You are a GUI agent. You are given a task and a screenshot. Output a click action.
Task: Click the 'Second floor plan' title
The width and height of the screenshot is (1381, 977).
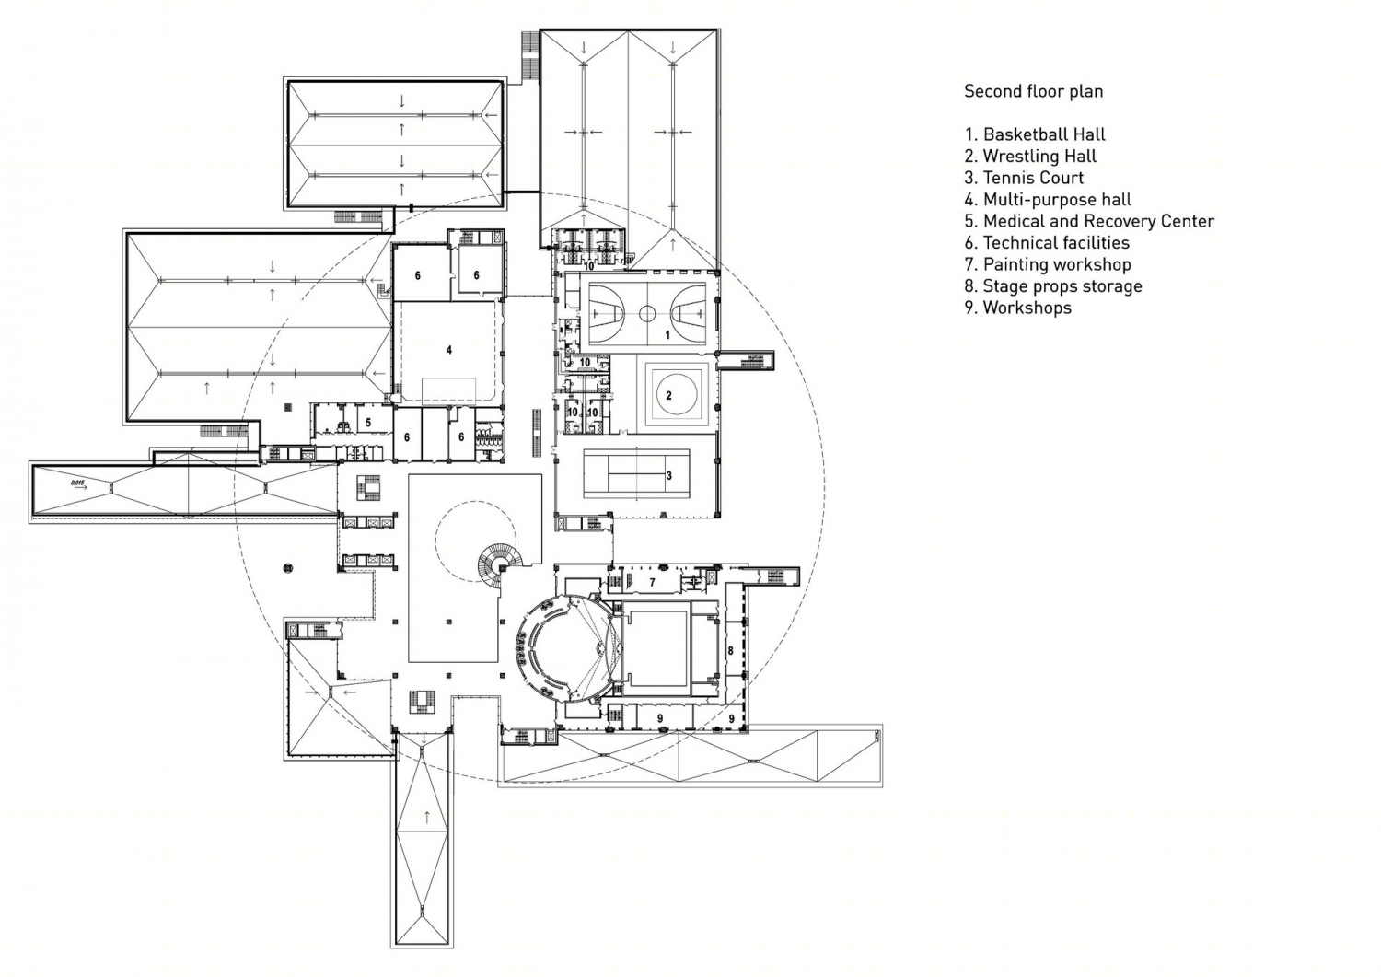click(x=1033, y=91)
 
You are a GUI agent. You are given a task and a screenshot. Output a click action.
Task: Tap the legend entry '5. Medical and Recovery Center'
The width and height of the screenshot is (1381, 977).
click(x=1089, y=221)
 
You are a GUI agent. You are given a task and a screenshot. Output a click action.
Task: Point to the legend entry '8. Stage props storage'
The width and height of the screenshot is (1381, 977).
click(x=1053, y=286)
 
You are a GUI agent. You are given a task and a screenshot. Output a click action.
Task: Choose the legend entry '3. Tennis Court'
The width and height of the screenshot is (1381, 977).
click(x=1024, y=178)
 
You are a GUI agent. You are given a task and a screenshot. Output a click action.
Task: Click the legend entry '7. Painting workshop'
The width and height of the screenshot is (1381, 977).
click(x=1048, y=264)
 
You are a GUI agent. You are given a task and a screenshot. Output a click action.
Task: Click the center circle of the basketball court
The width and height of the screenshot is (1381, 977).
click(x=646, y=313)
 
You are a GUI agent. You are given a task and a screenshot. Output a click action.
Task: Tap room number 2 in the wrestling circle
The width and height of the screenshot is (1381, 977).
click(x=668, y=395)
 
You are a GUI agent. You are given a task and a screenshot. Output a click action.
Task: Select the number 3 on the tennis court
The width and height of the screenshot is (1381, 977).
click(x=669, y=475)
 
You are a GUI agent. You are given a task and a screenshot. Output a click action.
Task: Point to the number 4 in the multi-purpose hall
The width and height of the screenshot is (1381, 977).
click(x=449, y=350)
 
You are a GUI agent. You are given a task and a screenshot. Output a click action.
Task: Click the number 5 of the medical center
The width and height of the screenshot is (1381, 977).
click(x=368, y=423)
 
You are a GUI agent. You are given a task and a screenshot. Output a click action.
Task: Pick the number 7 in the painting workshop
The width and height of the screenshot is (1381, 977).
click(x=652, y=582)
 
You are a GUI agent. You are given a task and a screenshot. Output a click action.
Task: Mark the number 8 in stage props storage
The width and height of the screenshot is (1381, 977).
click(x=731, y=650)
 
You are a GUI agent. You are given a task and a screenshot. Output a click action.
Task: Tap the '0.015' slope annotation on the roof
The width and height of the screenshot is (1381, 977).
click(x=77, y=483)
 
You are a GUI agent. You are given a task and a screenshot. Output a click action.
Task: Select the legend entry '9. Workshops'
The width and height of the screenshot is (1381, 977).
click(x=1018, y=308)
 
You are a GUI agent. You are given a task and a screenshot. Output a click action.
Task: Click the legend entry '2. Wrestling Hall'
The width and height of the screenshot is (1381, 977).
click(x=1031, y=156)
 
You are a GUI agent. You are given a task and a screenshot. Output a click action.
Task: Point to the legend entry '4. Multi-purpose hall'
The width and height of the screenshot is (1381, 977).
click(x=1048, y=200)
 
